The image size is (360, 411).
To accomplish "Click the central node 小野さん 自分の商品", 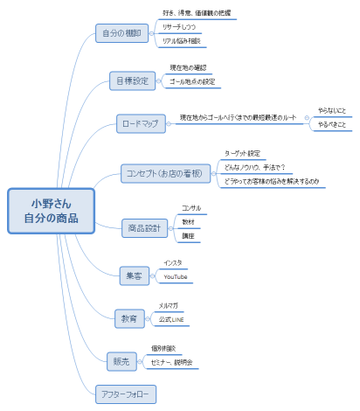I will [50, 212].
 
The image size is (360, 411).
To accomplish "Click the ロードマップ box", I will [140, 123].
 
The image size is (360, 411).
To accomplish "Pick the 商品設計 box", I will [144, 228].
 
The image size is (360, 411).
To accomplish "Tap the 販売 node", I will [121, 361].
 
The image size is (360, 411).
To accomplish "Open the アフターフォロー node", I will [125, 394].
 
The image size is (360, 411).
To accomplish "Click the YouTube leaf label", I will [176, 277].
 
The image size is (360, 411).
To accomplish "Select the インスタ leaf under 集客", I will [173, 262].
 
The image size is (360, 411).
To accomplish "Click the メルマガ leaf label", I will [169, 306].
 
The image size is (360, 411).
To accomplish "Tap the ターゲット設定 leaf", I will [242, 153].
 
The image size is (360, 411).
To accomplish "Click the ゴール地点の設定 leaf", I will [191, 82].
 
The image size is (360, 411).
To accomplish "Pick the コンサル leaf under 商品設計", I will [190, 208].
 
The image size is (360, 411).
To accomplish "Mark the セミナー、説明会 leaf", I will [171, 362].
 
